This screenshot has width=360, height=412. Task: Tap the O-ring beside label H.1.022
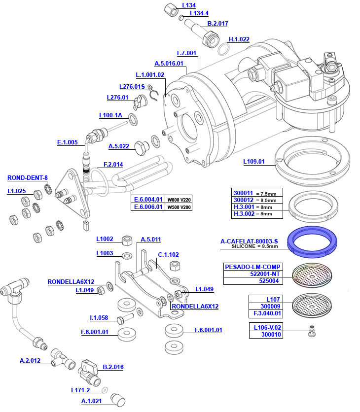(223, 49)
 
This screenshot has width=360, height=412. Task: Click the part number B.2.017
(217, 23)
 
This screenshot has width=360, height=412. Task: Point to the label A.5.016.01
(169, 63)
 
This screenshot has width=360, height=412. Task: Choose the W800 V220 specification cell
(179, 200)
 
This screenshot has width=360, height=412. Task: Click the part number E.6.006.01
(148, 207)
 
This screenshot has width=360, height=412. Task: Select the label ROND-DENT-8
(28, 178)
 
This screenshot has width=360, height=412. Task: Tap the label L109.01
(254, 161)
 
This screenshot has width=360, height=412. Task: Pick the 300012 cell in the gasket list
(243, 200)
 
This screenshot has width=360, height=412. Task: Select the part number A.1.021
(91, 401)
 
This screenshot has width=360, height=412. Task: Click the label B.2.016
(113, 367)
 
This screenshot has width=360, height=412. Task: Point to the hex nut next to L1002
(126, 240)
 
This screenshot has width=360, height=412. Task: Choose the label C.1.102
(168, 255)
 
